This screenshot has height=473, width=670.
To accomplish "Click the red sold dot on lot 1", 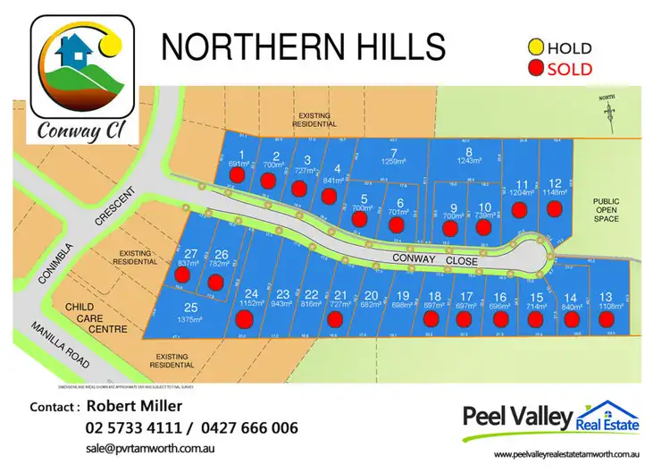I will coord(237,176).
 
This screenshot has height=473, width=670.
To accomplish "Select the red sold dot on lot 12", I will coord(555,209).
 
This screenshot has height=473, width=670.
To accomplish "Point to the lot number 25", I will coord(190,308).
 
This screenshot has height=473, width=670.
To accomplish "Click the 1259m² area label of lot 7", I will coord(393,162).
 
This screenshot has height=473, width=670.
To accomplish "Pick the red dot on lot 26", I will coord(215,283).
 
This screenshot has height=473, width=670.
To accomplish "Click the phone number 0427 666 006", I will coord(251,428).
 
